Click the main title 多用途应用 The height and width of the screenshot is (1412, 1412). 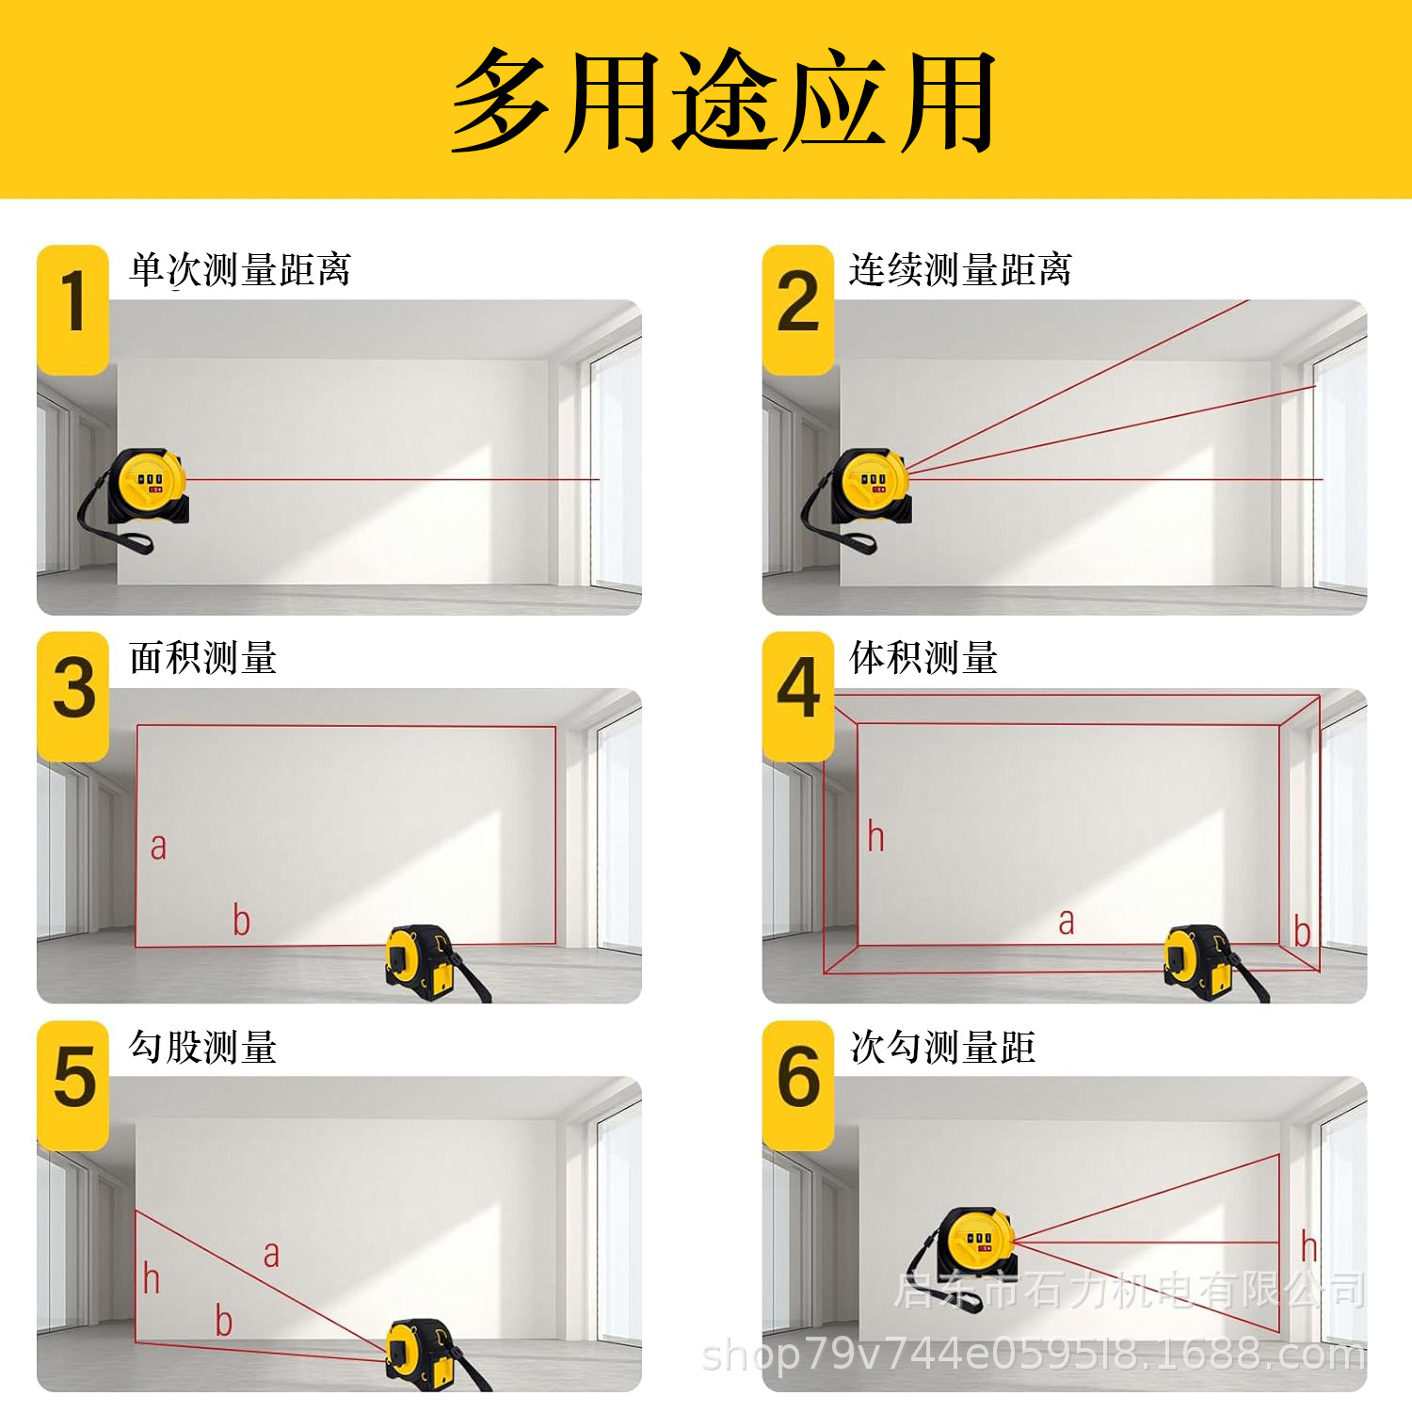(723, 101)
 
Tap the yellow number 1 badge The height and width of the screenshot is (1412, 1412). (73, 307)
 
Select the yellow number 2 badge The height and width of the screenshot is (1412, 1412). (798, 307)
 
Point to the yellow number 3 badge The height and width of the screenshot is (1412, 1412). (73, 693)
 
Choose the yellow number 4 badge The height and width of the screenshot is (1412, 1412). (798, 693)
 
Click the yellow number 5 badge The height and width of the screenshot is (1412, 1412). (73, 1081)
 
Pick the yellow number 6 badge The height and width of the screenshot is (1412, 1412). (798, 1081)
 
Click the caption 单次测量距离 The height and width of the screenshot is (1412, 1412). (240, 270)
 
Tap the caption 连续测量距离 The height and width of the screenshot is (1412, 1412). (960, 270)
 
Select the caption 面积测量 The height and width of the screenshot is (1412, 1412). (203, 658)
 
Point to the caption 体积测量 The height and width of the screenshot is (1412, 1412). (923, 658)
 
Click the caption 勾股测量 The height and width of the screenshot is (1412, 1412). (203, 1047)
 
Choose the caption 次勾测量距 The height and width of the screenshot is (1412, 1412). (942, 1047)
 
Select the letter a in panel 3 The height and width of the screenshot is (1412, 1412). (158, 846)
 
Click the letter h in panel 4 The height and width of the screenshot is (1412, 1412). (875, 836)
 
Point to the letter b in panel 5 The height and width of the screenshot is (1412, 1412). (223, 1320)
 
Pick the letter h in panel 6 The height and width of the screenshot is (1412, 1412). (1308, 1246)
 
